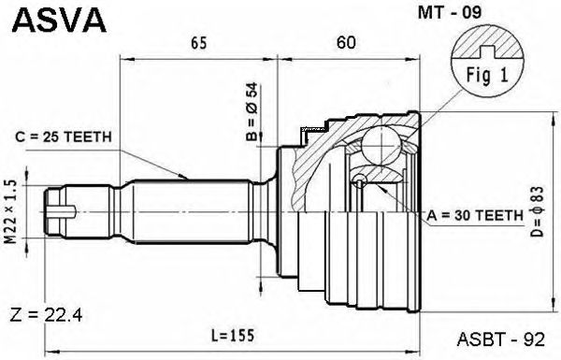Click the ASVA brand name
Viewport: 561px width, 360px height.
coord(60,21)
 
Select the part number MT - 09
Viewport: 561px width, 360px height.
coord(450,13)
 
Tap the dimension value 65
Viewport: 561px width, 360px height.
coord(199,43)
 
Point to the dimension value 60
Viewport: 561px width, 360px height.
coord(346,43)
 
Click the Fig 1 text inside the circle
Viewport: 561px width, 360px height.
coord(487,76)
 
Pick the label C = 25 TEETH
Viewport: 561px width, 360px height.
coord(64,137)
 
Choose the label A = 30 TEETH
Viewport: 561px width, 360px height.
coord(475,215)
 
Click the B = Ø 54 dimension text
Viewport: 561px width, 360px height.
coord(252,111)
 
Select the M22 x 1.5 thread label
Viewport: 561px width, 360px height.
coord(11,211)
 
